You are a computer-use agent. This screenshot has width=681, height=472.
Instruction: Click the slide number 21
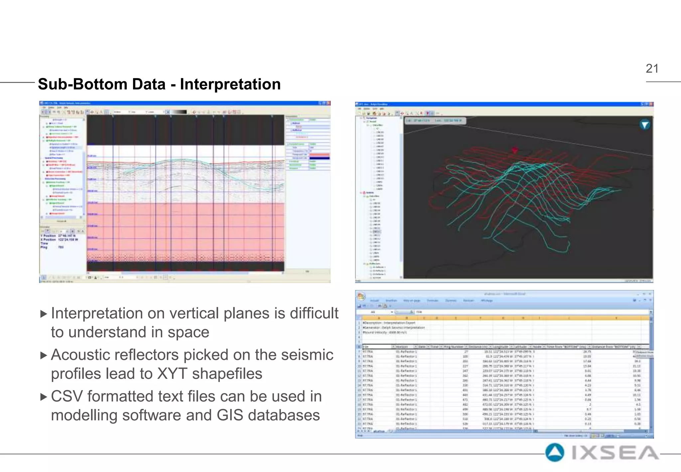[x=652, y=69]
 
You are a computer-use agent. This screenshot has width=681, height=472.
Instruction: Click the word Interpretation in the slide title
[x=230, y=84]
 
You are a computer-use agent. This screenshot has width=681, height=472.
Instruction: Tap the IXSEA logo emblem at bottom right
[x=555, y=453]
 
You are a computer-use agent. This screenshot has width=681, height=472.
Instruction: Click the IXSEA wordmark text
[x=615, y=453]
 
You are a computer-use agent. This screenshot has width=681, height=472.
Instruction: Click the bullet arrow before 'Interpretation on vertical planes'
[x=43, y=314]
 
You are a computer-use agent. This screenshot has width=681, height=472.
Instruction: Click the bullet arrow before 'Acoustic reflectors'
[x=43, y=355]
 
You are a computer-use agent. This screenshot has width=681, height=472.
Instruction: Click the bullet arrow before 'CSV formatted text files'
[x=43, y=397]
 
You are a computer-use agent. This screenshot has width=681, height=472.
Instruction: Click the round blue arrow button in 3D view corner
[x=645, y=125]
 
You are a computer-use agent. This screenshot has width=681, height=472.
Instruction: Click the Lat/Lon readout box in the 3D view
[x=435, y=120]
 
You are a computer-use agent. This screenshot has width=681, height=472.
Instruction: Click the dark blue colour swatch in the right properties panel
[x=319, y=158]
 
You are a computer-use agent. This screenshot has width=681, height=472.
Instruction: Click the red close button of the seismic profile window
[x=328, y=104]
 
